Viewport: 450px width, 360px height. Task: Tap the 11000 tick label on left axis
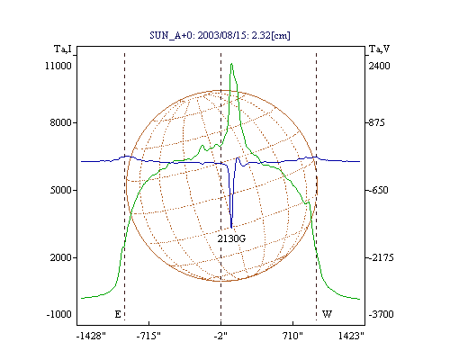click(58, 66)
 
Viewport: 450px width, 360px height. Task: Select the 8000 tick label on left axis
click(61, 122)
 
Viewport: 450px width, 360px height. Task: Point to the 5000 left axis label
click(61, 190)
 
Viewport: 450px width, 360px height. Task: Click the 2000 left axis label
click(61, 257)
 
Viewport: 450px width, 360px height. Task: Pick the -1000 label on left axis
click(58, 314)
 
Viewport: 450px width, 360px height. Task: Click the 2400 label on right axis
click(380, 66)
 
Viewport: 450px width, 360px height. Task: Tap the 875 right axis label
click(376, 122)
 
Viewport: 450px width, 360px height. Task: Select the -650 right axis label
click(378, 190)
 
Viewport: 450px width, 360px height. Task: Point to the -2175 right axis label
click(381, 257)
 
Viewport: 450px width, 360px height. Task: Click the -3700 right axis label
click(381, 314)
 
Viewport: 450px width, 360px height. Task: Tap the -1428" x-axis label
click(91, 336)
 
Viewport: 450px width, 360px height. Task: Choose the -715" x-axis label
click(148, 336)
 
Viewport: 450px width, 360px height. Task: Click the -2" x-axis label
click(220, 336)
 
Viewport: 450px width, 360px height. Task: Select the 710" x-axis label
click(292, 336)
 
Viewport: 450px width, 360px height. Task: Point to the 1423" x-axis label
click(351, 336)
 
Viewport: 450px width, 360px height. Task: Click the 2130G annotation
click(231, 238)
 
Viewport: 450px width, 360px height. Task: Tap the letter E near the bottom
click(118, 314)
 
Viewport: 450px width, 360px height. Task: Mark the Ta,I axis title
click(63, 49)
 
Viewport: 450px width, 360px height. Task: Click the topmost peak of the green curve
click(231, 64)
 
